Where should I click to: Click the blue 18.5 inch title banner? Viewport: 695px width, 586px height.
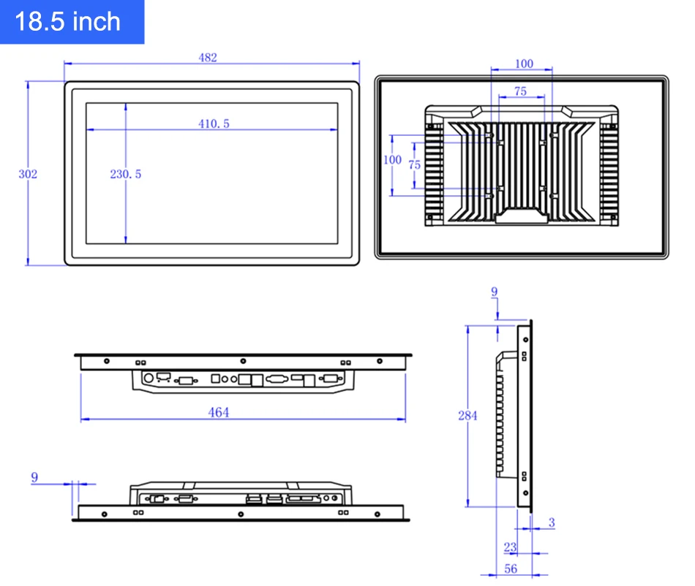tap(72, 22)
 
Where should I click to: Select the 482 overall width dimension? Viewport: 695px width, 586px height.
tap(208, 58)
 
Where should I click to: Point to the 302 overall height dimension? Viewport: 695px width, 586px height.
tap(28, 174)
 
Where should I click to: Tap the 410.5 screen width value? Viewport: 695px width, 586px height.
tap(214, 124)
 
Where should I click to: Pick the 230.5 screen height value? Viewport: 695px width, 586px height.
tap(126, 174)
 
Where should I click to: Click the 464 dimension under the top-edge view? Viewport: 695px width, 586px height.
tap(219, 413)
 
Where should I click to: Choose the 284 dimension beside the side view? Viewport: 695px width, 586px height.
tap(467, 416)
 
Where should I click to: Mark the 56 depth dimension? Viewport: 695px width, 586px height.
tap(511, 568)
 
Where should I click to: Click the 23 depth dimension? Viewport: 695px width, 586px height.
tap(510, 547)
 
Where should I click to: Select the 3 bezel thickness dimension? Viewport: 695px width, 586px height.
tap(552, 522)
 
